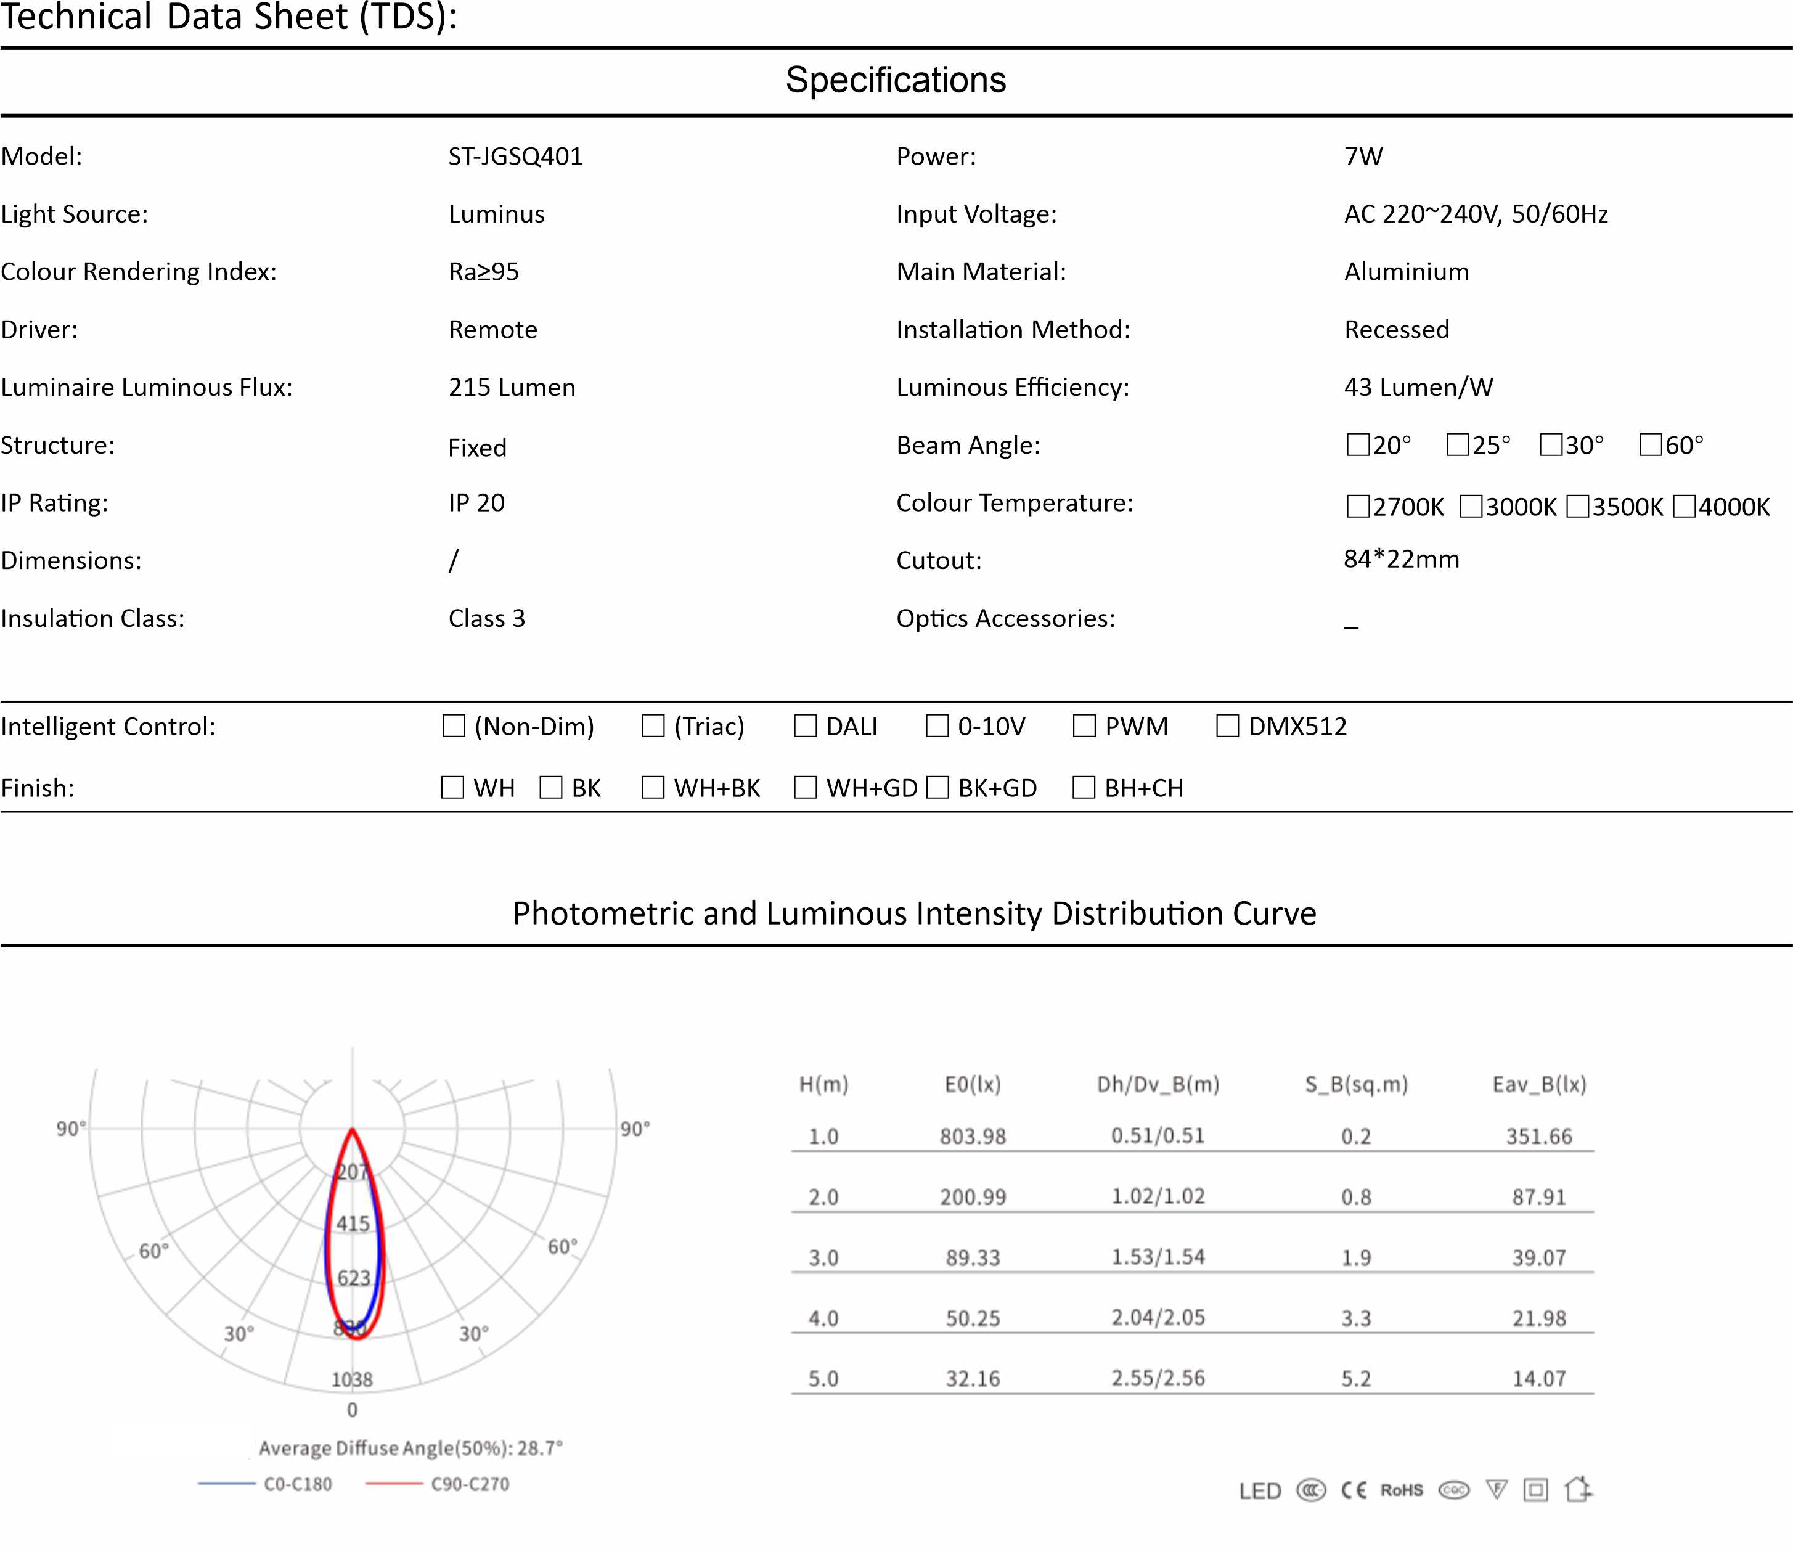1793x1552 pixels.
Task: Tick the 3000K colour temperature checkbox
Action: click(x=1471, y=507)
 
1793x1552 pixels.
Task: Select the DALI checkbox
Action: click(x=806, y=726)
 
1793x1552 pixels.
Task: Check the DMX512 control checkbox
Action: click(x=1227, y=726)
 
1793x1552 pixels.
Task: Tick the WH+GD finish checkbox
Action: click(x=806, y=787)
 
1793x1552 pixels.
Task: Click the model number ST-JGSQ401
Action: click(x=515, y=157)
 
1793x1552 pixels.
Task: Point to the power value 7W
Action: click(x=1363, y=157)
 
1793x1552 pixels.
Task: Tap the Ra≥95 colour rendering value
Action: click(x=483, y=272)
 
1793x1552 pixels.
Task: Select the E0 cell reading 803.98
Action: click(x=973, y=1137)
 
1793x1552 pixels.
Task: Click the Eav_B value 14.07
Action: click(x=1539, y=1379)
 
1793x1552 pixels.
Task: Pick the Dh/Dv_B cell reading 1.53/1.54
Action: click(x=1158, y=1257)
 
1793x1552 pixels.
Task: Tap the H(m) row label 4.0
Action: click(x=823, y=1318)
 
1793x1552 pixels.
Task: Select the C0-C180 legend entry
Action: click(x=297, y=1484)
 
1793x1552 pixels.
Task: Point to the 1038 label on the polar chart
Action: click(x=352, y=1379)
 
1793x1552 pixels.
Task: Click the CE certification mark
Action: click(x=1354, y=1490)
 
